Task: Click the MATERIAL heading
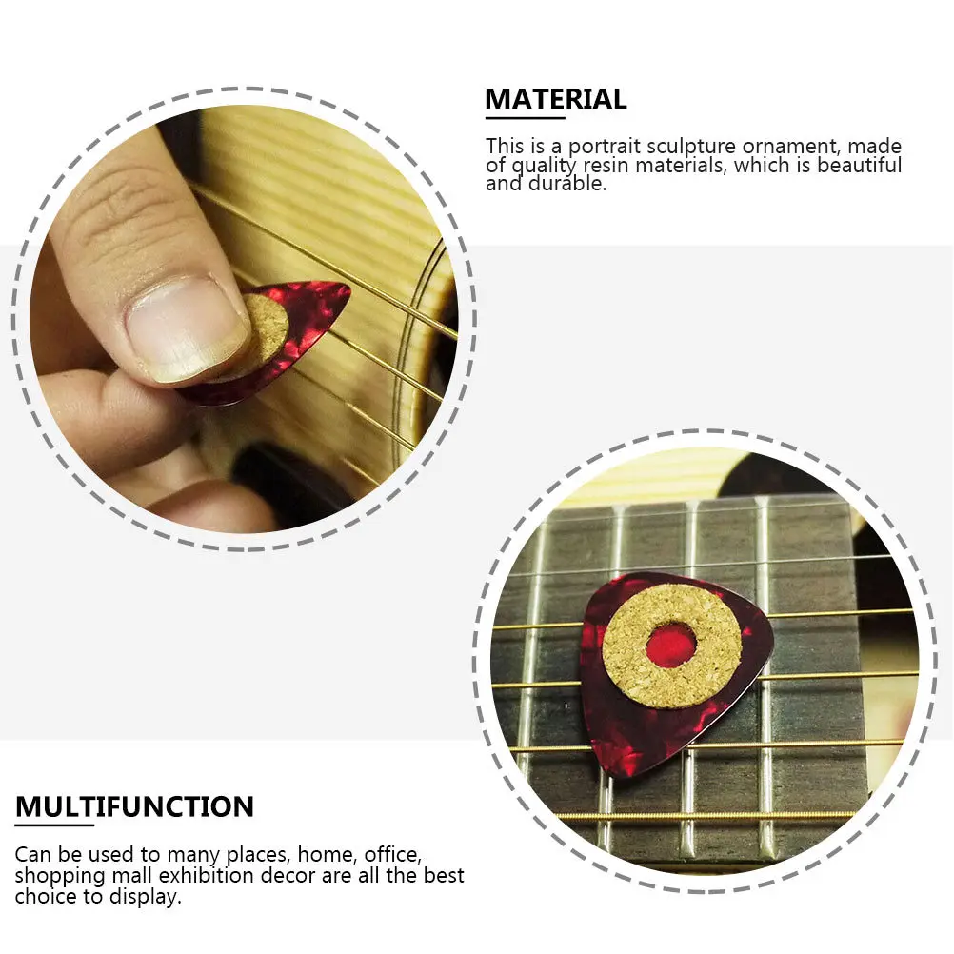[556, 99]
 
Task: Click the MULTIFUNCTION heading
[134, 807]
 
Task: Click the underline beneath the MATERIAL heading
[525, 118]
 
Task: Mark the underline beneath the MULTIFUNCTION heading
[53, 825]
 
